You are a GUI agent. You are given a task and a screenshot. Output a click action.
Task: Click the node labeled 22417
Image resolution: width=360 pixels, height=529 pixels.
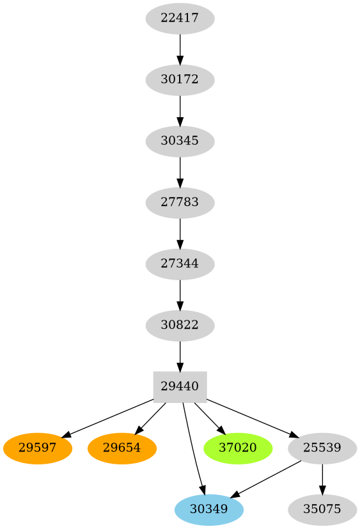point(180,18)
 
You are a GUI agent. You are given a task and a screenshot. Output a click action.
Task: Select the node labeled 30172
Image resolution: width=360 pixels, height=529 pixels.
point(180,80)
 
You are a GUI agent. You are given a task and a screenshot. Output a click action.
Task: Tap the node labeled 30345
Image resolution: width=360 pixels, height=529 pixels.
point(180,141)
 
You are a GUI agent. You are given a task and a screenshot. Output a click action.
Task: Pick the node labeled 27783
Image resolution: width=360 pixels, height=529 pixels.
point(180,202)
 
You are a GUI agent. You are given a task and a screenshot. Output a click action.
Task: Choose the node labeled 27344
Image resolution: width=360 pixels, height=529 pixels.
point(180,264)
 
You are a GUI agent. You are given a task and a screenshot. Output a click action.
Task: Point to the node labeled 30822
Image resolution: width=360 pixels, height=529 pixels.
point(180,325)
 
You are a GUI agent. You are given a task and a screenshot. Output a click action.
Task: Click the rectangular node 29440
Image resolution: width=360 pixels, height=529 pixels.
point(180,386)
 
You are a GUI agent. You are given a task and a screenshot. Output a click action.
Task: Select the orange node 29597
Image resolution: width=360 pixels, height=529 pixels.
point(38,448)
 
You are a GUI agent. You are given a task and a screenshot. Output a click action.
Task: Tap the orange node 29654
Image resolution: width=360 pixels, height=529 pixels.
point(122,448)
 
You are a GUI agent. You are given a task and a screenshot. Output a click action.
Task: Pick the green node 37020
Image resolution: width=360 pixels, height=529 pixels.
point(238,448)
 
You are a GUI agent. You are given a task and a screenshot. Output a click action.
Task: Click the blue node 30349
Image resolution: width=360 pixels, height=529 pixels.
point(209,509)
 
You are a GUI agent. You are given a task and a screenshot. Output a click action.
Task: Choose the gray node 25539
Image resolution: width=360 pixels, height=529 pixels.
point(322,448)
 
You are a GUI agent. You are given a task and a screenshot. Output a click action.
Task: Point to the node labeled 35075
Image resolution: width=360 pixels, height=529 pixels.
point(322,509)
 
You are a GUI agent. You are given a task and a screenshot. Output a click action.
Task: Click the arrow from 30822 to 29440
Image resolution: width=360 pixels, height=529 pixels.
point(180,356)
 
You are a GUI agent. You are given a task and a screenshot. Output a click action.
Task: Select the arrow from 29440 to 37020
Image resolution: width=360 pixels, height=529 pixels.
point(209,418)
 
